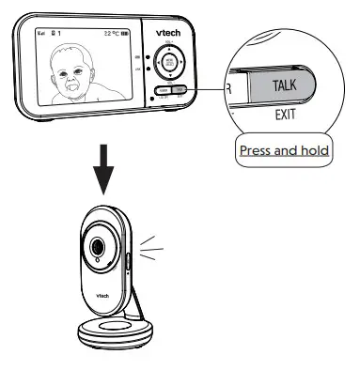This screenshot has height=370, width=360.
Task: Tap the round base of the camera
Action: (113, 331)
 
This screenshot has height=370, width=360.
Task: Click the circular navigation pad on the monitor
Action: (170, 64)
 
